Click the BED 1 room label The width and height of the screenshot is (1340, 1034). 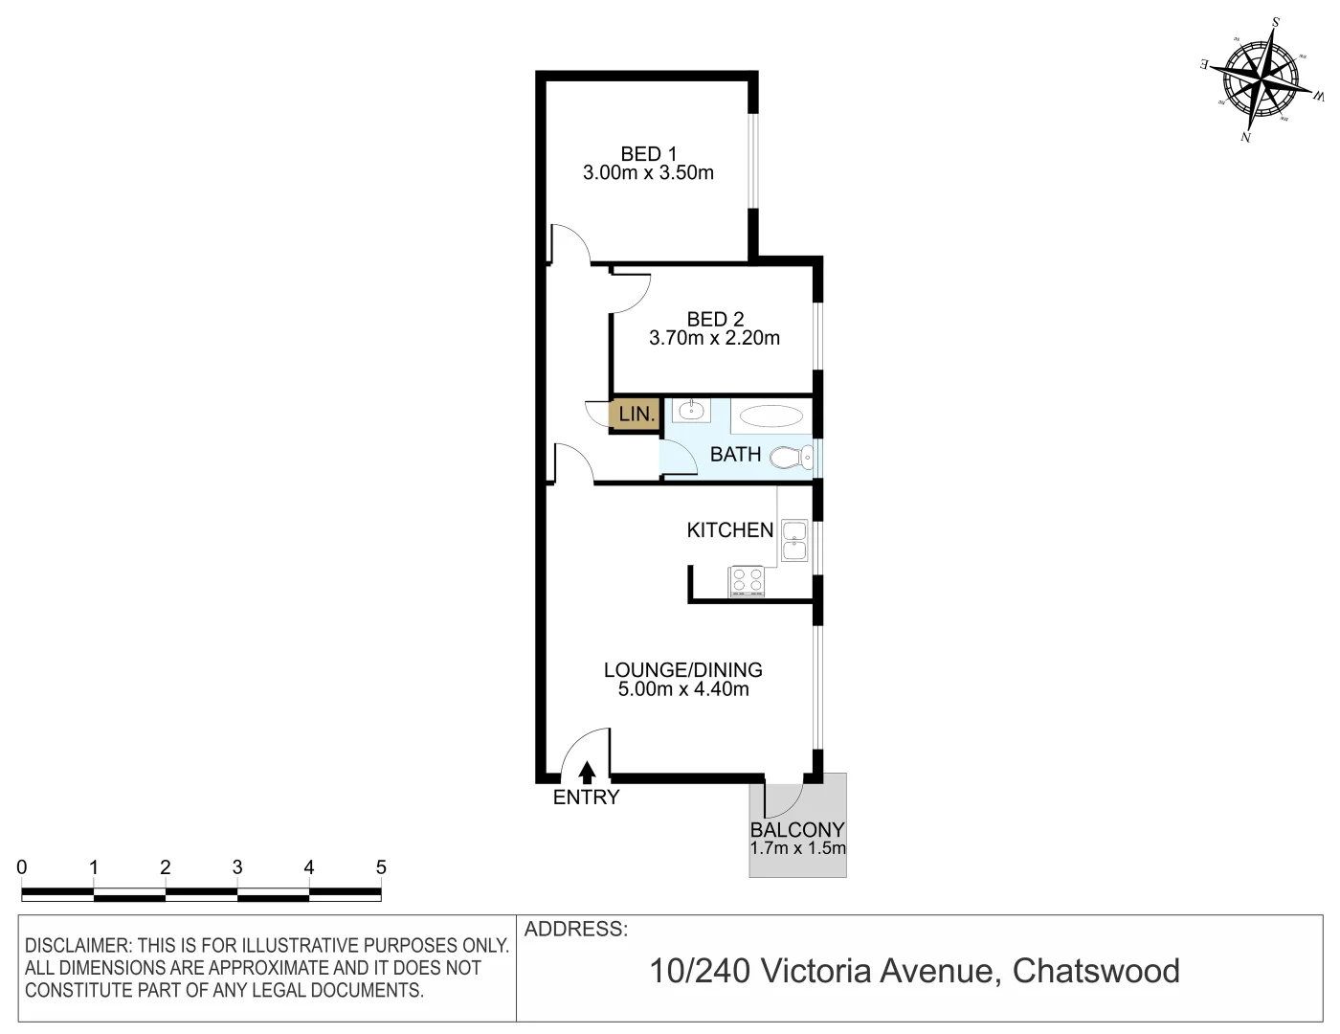pos(648,153)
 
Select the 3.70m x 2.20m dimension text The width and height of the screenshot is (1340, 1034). pos(714,338)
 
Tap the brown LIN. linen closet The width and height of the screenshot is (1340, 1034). pos(636,415)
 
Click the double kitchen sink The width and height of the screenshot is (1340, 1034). pos(794,540)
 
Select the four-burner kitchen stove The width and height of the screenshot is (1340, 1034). pos(747,580)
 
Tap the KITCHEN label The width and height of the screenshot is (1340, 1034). pos(729,529)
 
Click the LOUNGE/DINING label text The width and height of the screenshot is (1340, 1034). pos(682,670)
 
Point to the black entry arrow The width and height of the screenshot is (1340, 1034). pos(587,771)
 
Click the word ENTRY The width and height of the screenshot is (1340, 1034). pos(586,797)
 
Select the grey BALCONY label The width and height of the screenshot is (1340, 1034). pos(797,830)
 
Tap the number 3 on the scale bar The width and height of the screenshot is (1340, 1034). pos(236,867)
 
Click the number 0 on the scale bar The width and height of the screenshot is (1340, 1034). pos(22,867)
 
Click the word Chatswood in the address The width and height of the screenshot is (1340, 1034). pos(1095,971)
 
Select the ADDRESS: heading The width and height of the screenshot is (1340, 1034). pos(576,929)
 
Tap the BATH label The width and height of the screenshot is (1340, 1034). pos(735,454)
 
